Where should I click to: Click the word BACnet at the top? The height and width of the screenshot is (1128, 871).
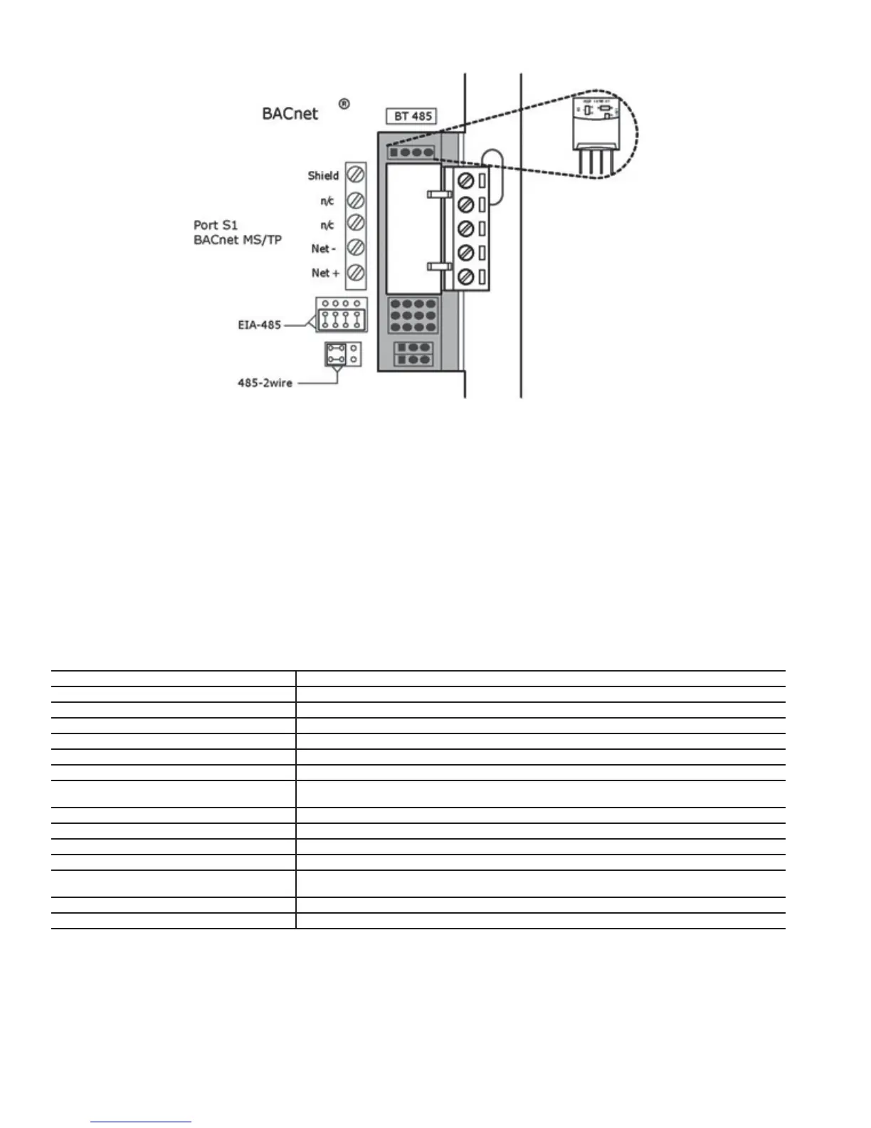(290, 114)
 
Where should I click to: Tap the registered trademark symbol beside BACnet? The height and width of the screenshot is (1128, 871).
(344, 104)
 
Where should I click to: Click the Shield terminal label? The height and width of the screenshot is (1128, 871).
(323, 175)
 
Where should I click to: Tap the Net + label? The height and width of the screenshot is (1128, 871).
(324, 273)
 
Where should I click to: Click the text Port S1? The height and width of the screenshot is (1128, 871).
(216, 225)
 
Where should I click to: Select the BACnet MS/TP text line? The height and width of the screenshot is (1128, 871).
(238, 240)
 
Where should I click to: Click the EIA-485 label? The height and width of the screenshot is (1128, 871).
(260, 325)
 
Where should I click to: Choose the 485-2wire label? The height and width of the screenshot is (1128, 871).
(265, 383)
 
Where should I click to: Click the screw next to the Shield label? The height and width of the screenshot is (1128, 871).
(356, 174)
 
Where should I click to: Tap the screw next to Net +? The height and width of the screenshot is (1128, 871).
(356, 273)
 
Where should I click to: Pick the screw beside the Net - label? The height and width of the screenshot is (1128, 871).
(356, 248)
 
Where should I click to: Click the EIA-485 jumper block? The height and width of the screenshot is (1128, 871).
(342, 315)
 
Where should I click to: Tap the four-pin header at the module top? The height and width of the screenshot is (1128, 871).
(411, 152)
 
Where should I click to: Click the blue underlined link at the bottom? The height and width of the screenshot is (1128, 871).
(141, 1122)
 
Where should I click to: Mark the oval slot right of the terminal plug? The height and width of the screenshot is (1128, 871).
(492, 177)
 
